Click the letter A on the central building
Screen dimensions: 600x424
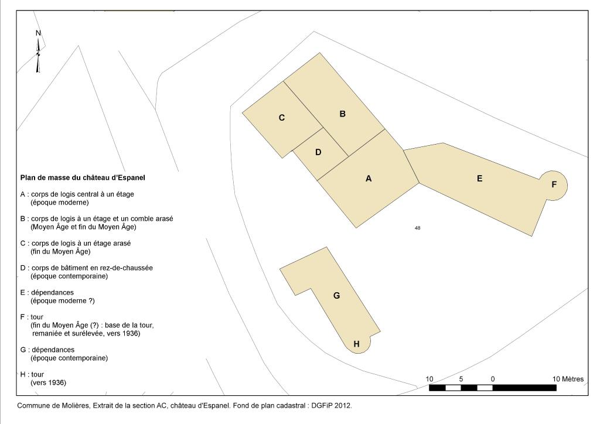click(x=369, y=179)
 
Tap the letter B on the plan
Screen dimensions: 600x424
click(x=342, y=114)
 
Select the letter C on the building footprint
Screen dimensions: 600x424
click(x=282, y=118)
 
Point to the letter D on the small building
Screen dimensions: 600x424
click(x=318, y=152)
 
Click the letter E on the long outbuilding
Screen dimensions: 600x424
click(x=479, y=179)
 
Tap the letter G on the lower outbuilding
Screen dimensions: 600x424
click(x=337, y=296)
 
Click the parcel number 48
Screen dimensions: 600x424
click(x=417, y=228)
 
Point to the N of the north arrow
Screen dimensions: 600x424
click(x=38, y=33)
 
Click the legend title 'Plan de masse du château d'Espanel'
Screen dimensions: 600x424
click(x=83, y=178)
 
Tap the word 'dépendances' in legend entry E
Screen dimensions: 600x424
click(x=52, y=292)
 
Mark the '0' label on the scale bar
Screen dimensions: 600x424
click(x=493, y=379)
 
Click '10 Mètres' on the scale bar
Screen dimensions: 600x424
click(x=568, y=379)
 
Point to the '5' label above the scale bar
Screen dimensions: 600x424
click(x=461, y=379)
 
